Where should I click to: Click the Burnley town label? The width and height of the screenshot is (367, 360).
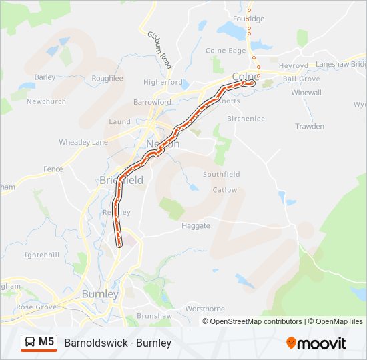[100, 294]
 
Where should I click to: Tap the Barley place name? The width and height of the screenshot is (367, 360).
[45, 77]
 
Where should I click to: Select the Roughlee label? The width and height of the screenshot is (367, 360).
[107, 78]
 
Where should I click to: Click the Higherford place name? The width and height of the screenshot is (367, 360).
[163, 82]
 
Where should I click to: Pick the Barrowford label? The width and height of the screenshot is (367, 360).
[152, 102]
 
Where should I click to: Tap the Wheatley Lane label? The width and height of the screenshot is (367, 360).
[83, 142]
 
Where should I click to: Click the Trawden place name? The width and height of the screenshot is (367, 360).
[310, 126]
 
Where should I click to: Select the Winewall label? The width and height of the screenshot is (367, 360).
[306, 93]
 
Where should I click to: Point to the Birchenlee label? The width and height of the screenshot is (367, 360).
[246, 119]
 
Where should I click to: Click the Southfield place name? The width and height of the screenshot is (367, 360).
[222, 174]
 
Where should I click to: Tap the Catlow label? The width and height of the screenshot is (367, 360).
[224, 190]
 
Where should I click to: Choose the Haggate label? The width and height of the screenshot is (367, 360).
[196, 225]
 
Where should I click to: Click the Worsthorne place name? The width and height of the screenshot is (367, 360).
[205, 309]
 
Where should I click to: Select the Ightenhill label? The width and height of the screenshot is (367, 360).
[41, 255]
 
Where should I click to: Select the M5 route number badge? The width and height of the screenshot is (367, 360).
[47, 343]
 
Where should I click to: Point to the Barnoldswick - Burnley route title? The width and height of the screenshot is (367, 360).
[118, 343]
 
